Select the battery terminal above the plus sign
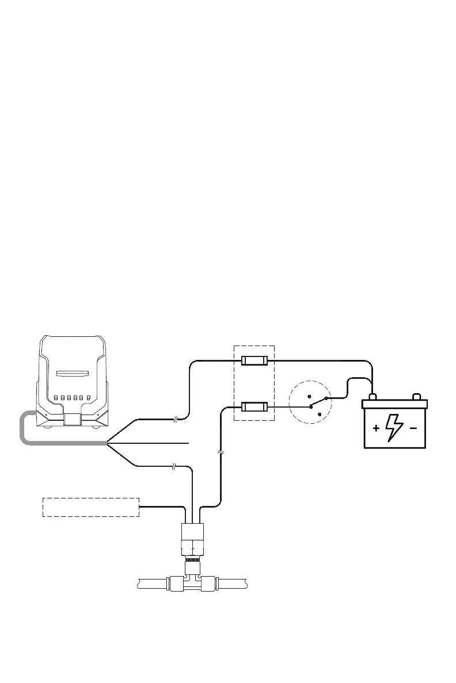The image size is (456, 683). point(373,397)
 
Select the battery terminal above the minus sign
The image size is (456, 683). point(417,397)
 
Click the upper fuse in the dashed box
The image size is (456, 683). point(254,361)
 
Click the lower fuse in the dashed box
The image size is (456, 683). point(254,407)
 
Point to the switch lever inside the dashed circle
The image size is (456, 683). point(318,402)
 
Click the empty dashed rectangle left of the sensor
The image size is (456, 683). point(91,507)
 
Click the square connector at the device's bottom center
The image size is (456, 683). point(72,419)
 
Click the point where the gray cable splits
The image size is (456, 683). point(107,443)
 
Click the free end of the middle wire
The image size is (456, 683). point(188,443)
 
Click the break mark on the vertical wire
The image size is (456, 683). point(221,453)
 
